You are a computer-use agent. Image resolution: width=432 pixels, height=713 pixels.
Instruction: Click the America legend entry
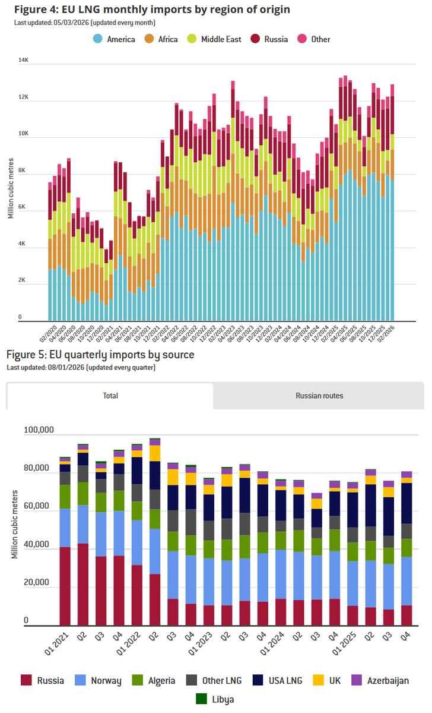[121, 39]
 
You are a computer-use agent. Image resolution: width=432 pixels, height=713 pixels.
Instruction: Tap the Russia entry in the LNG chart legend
[275, 39]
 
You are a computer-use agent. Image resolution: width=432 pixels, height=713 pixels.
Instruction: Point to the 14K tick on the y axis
[24, 61]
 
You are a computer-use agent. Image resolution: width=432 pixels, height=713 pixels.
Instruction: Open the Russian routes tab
[319, 396]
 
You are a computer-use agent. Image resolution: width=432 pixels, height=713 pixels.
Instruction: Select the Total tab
[110, 396]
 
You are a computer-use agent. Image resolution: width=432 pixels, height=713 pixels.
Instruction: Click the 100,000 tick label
[39, 430]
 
